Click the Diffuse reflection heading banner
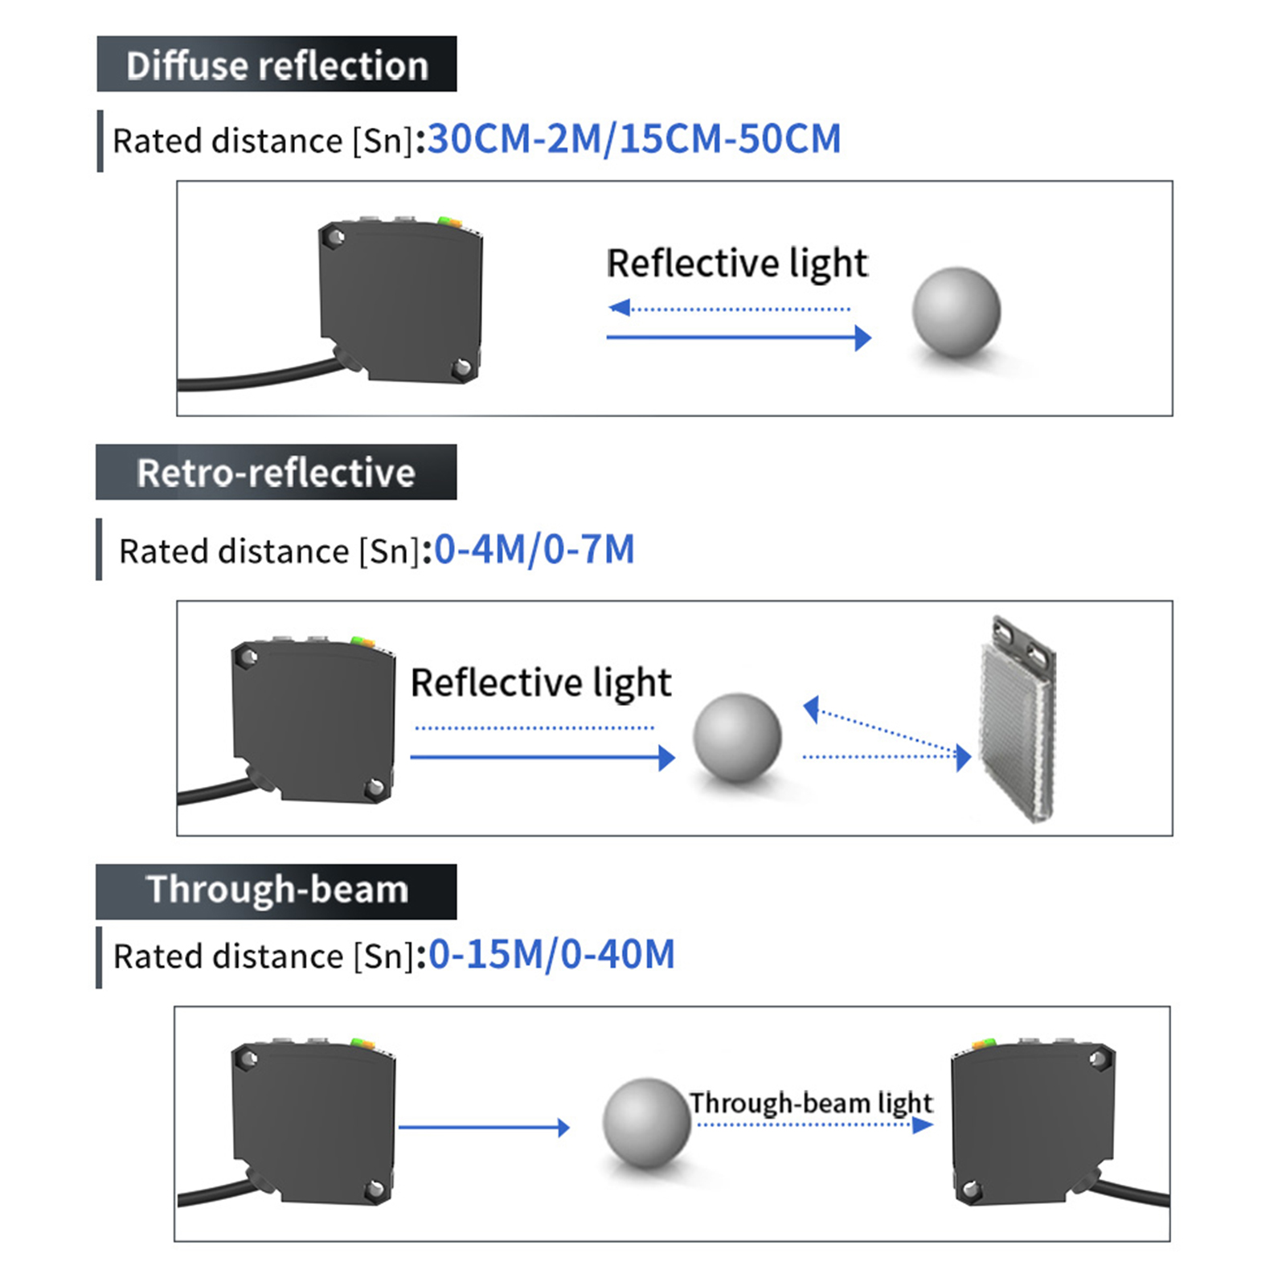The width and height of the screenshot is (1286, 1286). [276, 64]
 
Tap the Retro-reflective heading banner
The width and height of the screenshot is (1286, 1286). [276, 473]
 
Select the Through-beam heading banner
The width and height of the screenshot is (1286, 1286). [276, 891]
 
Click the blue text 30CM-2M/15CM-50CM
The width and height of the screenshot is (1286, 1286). [634, 139]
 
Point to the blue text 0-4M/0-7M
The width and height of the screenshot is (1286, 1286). [534, 551]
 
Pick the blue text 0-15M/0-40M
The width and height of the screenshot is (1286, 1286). [551, 955]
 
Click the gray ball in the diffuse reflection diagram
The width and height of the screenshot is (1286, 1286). [956, 312]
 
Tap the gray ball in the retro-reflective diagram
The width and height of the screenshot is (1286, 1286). [737, 737]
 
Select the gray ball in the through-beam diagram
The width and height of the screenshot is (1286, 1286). [646, 1123]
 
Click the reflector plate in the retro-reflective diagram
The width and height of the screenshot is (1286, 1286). [1016, 719]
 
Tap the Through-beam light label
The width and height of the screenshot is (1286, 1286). [811, 1103]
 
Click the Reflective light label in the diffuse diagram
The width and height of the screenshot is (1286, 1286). [737, 264]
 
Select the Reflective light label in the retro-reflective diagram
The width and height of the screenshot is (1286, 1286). [541, 683]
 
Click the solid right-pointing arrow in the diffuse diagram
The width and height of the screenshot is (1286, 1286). [738, 338]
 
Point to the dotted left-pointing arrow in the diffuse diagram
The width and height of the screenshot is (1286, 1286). [730, 308]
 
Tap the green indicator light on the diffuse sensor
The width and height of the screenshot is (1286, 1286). [443, 219]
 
